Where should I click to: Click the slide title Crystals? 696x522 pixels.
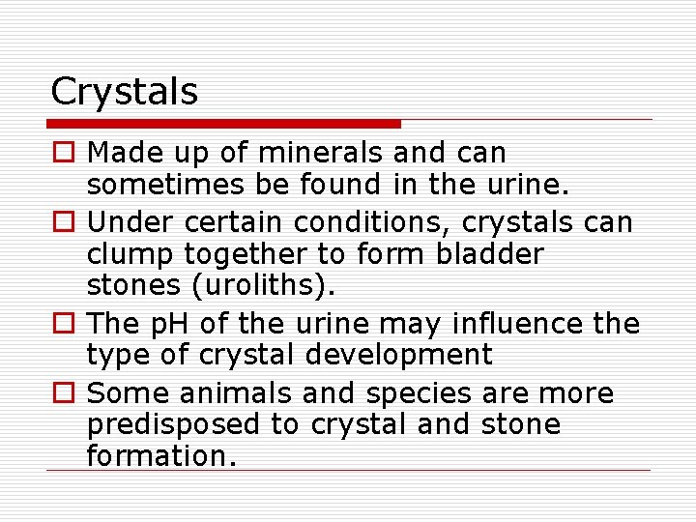click(124, 93)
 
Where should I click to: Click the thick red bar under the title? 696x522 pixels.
click(224, 124)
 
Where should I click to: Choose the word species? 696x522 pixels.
click(396, 394)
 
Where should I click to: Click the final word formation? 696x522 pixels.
click(161, 455)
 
